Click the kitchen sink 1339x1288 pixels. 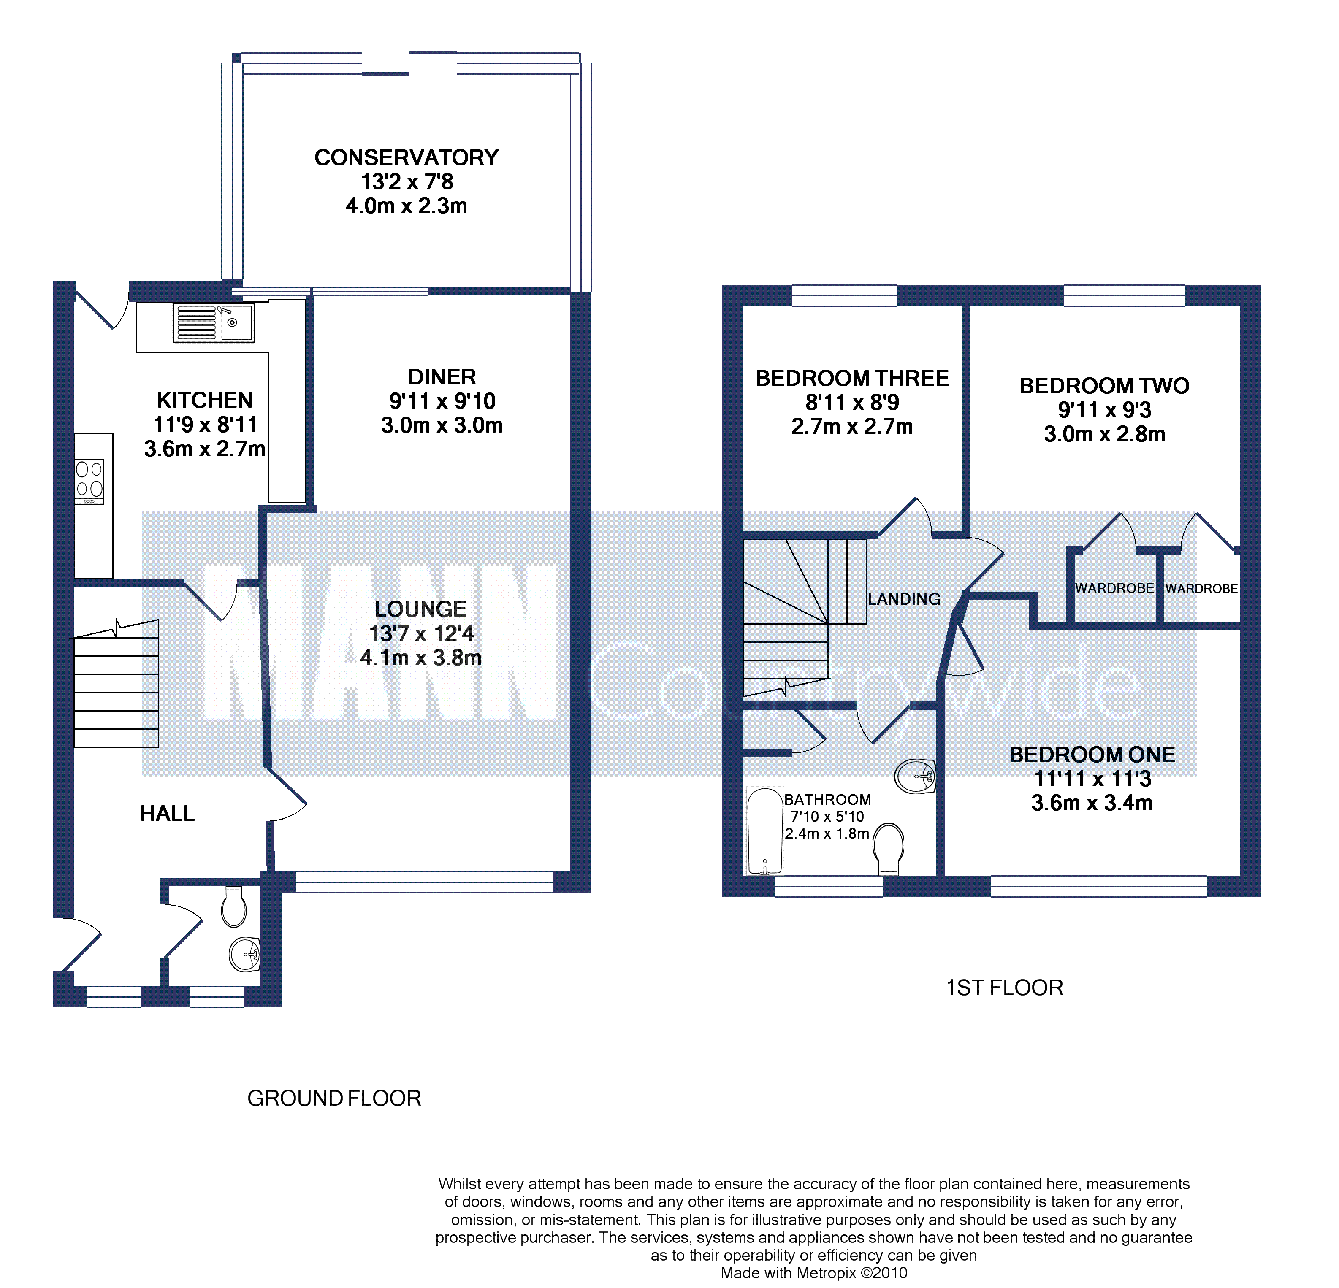214,322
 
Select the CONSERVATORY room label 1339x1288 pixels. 407,158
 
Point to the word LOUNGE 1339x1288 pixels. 421,609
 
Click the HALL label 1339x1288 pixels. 167,813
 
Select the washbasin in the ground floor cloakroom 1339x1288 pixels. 244,954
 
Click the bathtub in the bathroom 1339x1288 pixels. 764,831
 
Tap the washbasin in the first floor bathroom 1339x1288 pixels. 916,777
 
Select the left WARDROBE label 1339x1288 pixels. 1114,588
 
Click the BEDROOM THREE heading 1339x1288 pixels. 852,379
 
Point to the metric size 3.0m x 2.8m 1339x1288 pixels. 1105,434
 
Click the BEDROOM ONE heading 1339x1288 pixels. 1092,755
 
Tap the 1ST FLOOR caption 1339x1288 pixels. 1004,988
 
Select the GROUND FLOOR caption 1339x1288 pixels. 334,1098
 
